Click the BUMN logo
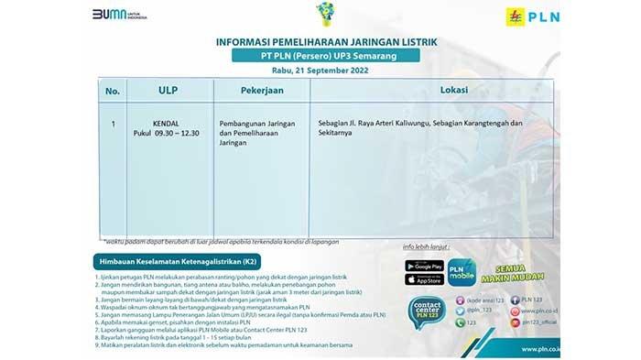pos(119,15)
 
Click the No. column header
pos(113,91)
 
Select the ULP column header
pos(168,91)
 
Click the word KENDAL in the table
pos(167,122)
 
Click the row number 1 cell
pos(113,122)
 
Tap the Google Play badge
pos(424,266)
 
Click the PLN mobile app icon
pos(462,271)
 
